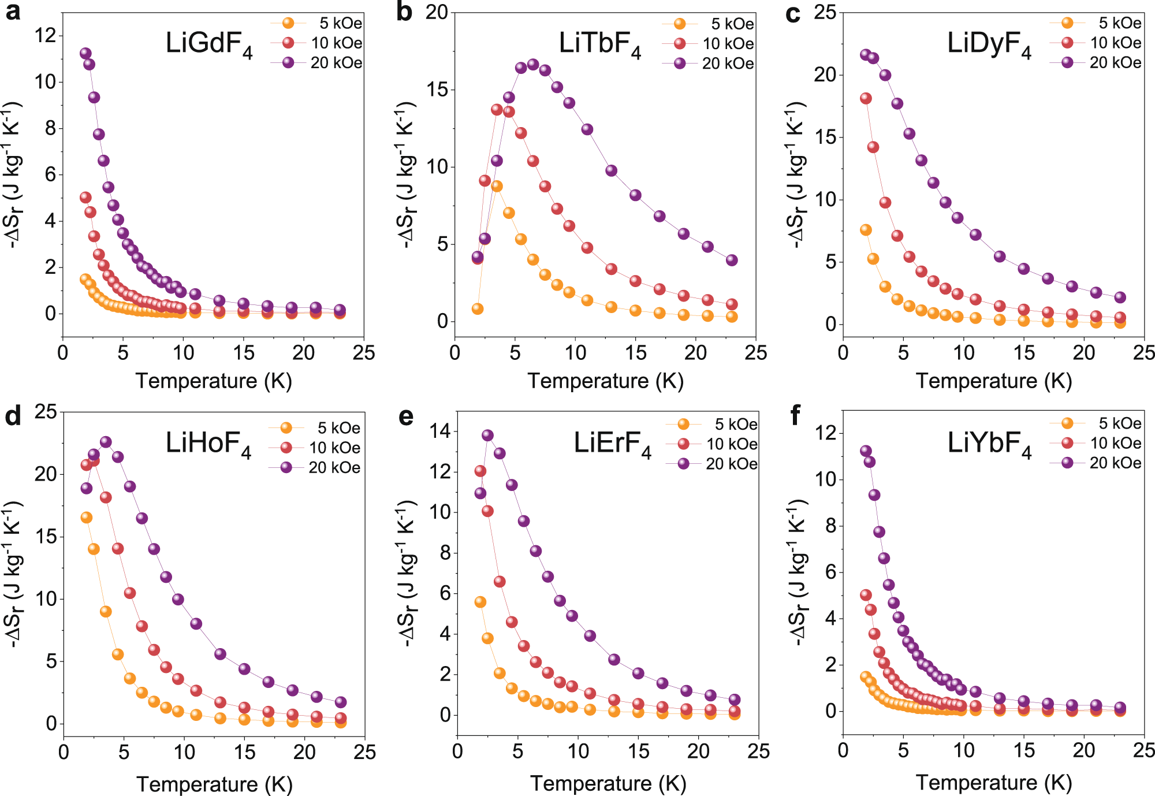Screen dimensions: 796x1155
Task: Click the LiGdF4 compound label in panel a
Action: (x=209, y=44)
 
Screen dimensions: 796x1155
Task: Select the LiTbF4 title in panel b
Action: (x=600, y=44)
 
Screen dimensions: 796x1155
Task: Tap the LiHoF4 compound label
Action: (x=208, y=444)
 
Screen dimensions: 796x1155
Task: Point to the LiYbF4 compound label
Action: (x=989, y=444)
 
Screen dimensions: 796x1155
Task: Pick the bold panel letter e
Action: (x=405, y=416)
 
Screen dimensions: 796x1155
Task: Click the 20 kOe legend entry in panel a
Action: (x=318, y=62)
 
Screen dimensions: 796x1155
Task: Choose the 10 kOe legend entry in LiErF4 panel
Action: (x=713, y=444)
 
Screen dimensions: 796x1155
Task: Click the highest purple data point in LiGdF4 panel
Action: (x=85, y=53)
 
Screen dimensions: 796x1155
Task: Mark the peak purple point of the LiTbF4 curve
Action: (x=533, y=64)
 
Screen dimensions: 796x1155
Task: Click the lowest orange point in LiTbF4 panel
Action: (x=478, y=309)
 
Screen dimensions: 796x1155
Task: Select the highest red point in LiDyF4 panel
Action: (x=866, y=98)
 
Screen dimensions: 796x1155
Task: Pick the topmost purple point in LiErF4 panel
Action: (x=487, y=435)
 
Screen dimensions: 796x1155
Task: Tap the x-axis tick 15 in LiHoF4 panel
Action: (x=244, y=752)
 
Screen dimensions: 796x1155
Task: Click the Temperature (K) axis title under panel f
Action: (x=993, y=783)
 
